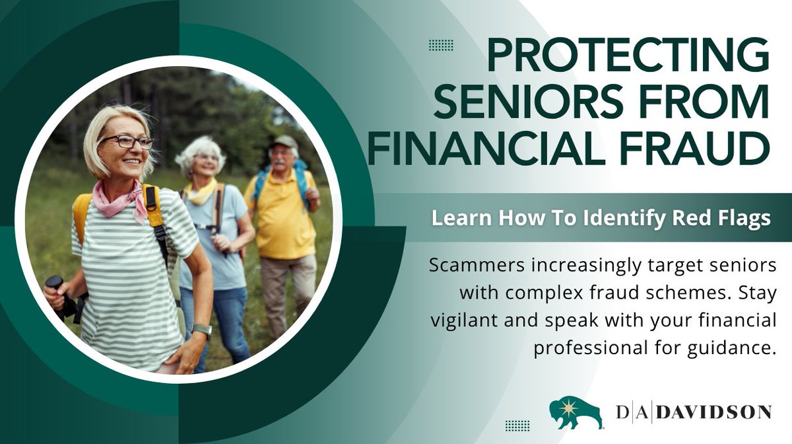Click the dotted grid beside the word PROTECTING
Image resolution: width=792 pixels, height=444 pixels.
pos(440,45)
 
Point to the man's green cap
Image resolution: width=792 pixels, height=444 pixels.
pos(284,141)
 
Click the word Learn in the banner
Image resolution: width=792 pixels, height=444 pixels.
pos(453,218)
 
